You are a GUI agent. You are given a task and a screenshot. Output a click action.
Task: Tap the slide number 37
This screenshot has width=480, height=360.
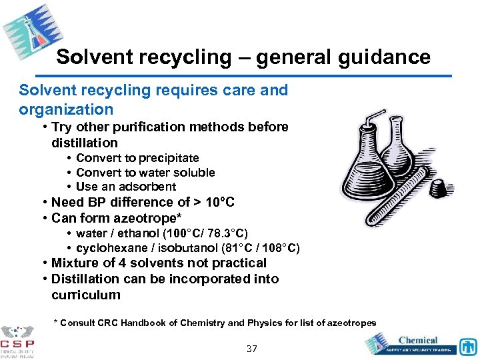251,349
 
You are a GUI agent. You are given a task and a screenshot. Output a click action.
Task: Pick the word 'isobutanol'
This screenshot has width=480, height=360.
191,248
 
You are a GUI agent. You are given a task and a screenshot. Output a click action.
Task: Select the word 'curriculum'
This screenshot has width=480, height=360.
86,295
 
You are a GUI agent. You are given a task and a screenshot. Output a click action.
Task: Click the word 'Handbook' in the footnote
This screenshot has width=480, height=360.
140,323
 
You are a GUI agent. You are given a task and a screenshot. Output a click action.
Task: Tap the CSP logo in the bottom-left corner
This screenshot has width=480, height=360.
18,341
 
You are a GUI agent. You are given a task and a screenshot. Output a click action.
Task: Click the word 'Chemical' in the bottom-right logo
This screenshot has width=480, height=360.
417,340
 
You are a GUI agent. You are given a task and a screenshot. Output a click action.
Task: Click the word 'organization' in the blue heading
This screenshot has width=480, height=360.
66,109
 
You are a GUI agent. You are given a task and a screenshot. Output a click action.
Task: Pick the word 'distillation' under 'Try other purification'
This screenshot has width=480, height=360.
84,143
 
